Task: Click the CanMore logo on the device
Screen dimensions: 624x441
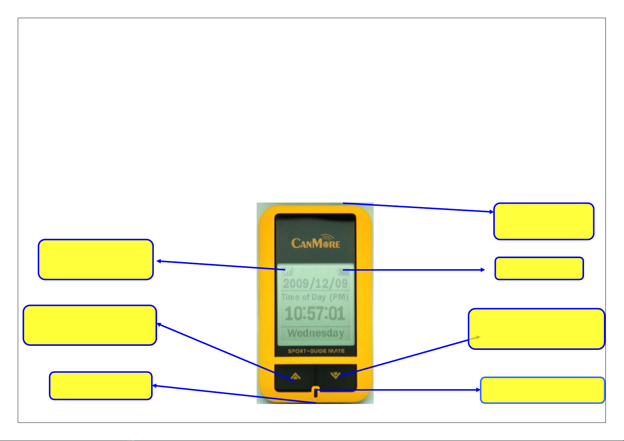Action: pos(316,241)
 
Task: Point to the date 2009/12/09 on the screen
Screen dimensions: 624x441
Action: pos(316,284)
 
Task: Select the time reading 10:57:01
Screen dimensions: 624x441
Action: pos(315,313)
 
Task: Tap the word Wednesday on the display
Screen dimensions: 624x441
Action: pos(316,333)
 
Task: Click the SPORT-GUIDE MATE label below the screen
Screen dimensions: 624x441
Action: pos(316,351)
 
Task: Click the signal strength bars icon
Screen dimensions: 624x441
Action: pos(288,272)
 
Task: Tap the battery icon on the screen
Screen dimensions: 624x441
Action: pos(344,272)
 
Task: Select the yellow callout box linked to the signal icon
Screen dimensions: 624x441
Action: pos(96,259)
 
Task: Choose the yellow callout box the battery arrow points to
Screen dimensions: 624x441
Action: pos(539,268)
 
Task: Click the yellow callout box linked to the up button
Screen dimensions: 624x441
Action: pos(90,325)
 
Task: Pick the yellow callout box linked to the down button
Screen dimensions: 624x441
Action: pos(537,329)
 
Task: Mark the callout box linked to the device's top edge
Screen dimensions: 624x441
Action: pos(544,221)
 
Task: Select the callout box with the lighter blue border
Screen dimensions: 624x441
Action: pos(543,390)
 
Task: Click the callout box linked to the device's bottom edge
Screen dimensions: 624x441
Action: pos(101,385)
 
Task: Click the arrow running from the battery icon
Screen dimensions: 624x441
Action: pos(414,270)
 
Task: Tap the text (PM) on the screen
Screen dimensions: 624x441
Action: pos(339,297)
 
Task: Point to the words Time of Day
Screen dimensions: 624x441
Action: pos(304,297)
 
